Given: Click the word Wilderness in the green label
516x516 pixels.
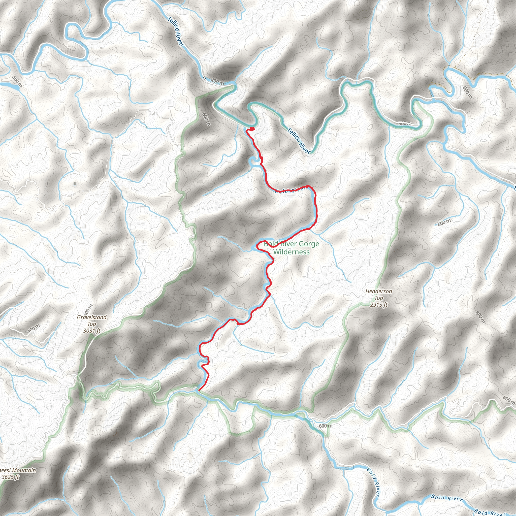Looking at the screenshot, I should pyautogui.click(x=292, y=252).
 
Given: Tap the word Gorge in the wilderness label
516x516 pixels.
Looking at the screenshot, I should pyautogui.click(x=309, y=244).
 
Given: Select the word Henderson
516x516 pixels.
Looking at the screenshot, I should pyautogui.click(x=379, y=292).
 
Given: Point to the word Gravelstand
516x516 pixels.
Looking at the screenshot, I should pyautogui.click(x=92, y=317).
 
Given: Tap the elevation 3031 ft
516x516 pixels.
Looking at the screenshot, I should pyautogui.click(x=92, y=331).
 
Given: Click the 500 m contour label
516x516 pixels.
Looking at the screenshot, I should pyautogui.click(x=405, y=123).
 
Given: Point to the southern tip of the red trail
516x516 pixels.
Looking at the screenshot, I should pyautogui.click(x=199, y=391).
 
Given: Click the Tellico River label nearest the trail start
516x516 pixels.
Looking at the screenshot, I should pyautogui.click(x=299, y=141).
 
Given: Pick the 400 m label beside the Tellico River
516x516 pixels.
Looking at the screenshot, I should pyautogui.click(x=217, y=81).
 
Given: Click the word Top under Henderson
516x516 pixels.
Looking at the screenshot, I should pyautogui.click(x=379, y=298).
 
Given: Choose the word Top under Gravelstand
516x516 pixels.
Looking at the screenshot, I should pyautogui.click(x=92, y=324).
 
